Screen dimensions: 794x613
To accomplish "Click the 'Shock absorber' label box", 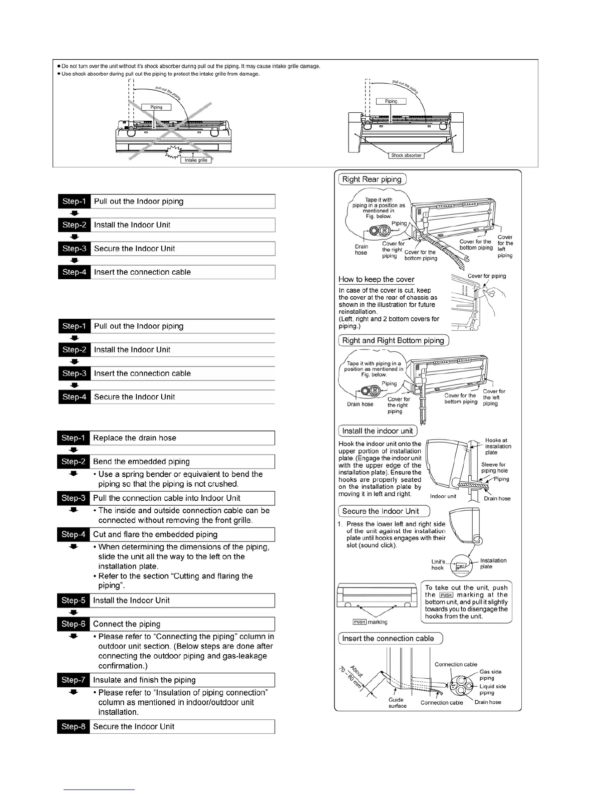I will click(406, 155).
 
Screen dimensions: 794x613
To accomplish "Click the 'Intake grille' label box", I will click(196, 160).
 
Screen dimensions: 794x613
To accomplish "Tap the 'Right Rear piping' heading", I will click(372, 179).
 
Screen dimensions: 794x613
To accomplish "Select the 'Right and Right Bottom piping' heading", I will click(393, 340).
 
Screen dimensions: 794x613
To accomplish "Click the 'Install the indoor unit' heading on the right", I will click(378, 431).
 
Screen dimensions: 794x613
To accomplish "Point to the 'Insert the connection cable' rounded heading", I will click(388, 638).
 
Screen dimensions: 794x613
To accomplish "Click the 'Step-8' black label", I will click(73, 726).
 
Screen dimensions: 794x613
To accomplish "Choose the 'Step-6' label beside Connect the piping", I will click(73, 624).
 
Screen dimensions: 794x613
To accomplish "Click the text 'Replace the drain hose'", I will click(135, 438).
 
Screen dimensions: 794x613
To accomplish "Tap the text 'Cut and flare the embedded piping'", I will click(155, 534).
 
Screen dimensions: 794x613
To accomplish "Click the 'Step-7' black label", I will click(73, 680).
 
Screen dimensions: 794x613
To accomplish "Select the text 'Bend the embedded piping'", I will click(141, 461).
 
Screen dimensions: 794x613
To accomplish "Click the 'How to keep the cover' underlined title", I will click(377, 279).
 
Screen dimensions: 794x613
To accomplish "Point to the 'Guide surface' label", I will click(397, 703).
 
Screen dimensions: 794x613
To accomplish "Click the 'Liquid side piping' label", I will click(492, 689).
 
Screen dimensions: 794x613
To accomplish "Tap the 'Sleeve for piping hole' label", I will click(494, 468).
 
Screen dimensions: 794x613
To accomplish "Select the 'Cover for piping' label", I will click(487, 276).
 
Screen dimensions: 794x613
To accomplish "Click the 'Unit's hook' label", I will click(438, 564).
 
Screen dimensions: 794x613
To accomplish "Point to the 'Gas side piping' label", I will click(490, 675).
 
